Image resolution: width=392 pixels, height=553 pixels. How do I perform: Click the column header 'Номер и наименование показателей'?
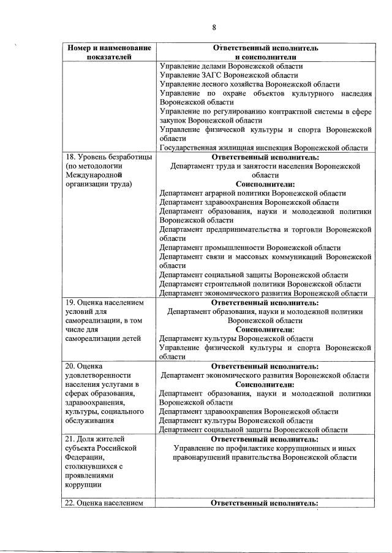click(x=108, y=52)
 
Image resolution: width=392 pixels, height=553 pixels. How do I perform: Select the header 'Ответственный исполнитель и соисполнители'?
click(x=265, y=52)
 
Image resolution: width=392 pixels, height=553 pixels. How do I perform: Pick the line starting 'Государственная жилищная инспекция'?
click(x=263, y=148)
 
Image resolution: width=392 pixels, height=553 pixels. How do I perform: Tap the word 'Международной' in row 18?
click(x=92, y=175)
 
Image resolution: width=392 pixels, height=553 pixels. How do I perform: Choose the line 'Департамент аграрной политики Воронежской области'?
click(x=252, y=193)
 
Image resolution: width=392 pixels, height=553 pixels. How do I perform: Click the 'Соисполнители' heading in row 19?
click(x=265, y=329)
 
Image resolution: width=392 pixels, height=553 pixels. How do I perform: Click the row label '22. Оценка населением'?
click(x=105, y=503)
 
